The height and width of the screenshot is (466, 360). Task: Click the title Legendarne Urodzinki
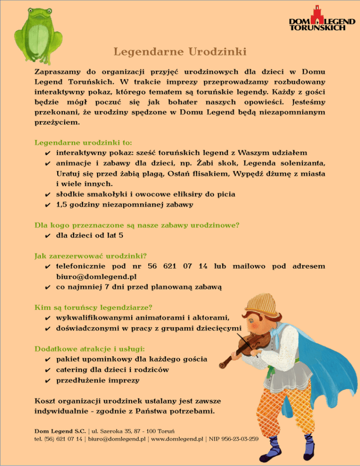(180, 51)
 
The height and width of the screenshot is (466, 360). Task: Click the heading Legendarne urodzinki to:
(83, 142)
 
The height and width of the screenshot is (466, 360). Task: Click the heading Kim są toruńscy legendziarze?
(94, 308)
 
